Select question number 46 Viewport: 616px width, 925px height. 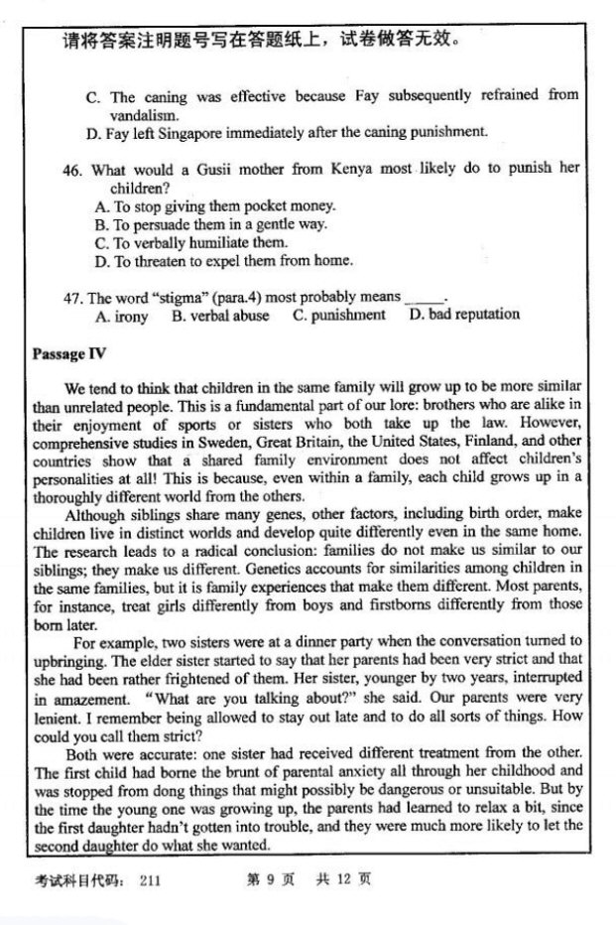(71, 169)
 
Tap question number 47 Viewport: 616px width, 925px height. (71, 297)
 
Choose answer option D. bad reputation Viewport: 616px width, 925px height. (464, 315)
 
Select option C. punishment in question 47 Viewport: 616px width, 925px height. (338, 315)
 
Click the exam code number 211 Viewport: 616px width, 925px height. (150, 879)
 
